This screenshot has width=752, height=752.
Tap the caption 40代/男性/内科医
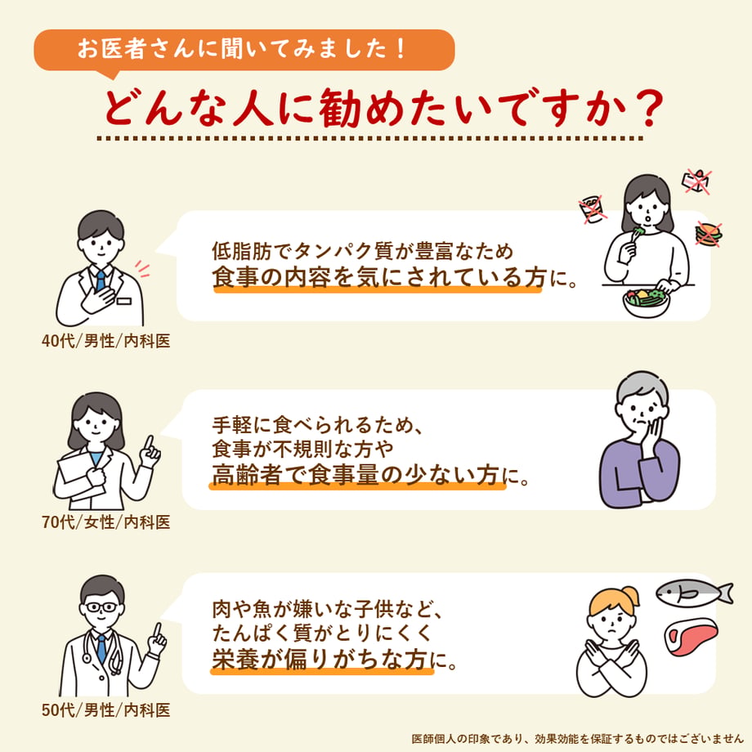[106, 341]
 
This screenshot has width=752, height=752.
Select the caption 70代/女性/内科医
[106, 522]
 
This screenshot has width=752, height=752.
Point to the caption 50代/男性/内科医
[106, 709]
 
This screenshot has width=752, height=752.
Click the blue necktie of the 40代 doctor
[101, 280]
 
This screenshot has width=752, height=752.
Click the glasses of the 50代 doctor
[101, 607]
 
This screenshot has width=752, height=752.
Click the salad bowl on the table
[646, 302]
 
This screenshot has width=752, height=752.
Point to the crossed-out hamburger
[709, 234]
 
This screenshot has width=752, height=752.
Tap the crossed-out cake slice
[697, 181]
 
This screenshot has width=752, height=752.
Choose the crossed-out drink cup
[592, 209]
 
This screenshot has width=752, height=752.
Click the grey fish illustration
[694, 593]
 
